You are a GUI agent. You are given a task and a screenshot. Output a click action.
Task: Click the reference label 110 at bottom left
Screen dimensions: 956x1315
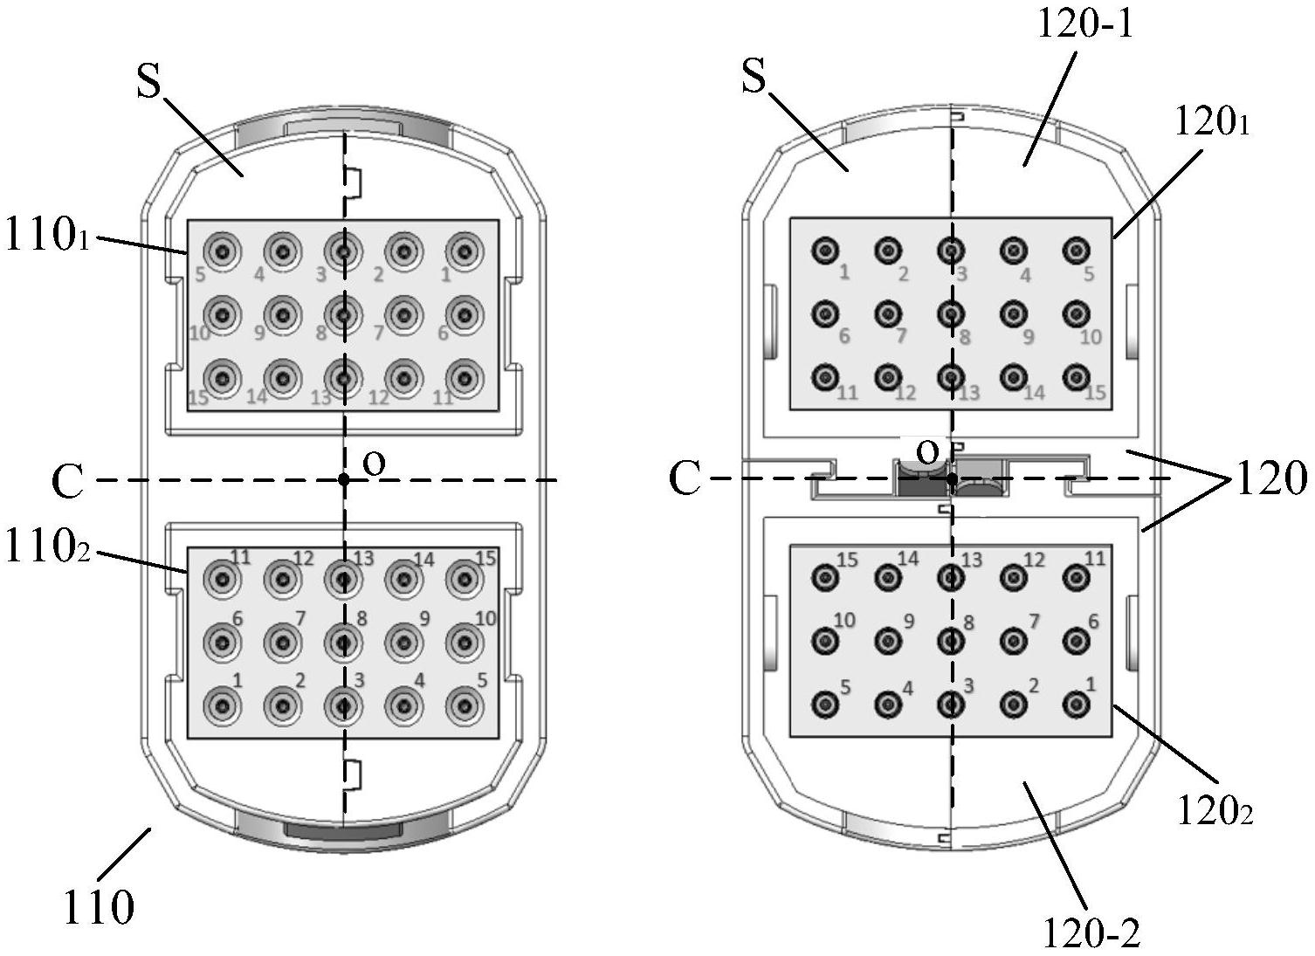pos(98,908)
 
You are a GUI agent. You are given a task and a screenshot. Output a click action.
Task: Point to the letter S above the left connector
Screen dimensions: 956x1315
pos(149,82)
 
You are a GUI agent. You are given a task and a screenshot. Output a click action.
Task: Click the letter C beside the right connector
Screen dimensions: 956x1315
pos(685,479)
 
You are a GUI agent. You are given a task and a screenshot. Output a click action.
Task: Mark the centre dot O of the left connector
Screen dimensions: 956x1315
pos(344,479)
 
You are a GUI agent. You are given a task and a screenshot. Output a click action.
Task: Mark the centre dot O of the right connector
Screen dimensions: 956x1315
pos(952,478)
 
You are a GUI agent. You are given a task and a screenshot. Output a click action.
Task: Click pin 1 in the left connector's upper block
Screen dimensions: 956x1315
pos(465,252)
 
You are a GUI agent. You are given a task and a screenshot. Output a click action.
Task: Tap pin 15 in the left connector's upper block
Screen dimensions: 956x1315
pos(224,378)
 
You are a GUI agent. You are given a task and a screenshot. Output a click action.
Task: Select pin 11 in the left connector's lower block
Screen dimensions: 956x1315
pos(224,577)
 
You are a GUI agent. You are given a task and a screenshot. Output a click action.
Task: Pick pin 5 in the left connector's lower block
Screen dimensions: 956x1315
pos(465,705)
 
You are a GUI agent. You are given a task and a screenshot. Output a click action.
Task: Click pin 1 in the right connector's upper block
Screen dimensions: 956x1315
pos(824,251)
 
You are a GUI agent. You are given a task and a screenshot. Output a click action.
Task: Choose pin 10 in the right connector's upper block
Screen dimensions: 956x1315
pos(1076,313)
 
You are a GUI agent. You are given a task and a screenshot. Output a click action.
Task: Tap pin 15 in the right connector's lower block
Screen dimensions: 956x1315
pos(824,576)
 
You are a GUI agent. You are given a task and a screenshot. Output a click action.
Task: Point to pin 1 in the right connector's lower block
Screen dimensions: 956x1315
pos(1076,704)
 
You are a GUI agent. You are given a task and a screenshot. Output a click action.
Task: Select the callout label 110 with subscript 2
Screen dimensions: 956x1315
pos(47,548)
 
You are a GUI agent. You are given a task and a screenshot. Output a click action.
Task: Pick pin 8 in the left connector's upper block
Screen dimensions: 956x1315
pos(344,314)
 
